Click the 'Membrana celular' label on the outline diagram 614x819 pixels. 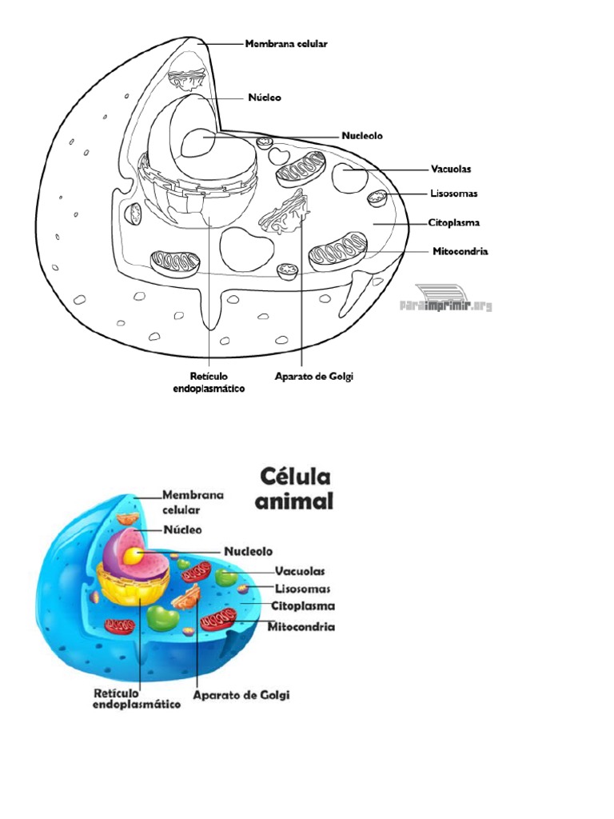point(286,45)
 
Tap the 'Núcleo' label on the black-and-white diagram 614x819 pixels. point(265,98)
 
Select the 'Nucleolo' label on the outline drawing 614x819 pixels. point(362,136)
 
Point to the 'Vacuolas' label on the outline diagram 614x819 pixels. point(451,169)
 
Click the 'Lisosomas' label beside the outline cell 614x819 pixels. point(453,194)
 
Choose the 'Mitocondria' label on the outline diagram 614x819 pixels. point(460,251)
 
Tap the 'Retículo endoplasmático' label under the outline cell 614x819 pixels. point(209,382)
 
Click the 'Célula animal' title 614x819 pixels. point(295,489)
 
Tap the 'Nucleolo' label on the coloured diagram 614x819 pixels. point(248,551)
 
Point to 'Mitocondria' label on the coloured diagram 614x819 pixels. point(301,626)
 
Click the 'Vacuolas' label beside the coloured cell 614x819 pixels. point(300,571)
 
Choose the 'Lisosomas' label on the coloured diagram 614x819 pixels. point(302,589)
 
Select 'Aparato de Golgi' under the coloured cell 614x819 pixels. point(242,695)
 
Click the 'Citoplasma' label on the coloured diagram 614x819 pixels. point(303,606)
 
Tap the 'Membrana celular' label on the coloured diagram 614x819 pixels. point(193,501)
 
